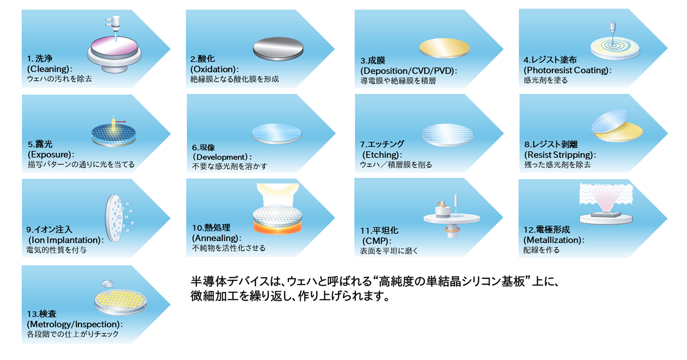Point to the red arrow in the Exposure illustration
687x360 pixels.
click(122, 122)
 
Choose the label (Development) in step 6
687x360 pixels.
click(221, 157)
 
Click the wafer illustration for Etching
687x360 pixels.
click(448, 134)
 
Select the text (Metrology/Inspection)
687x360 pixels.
click(74, 324)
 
